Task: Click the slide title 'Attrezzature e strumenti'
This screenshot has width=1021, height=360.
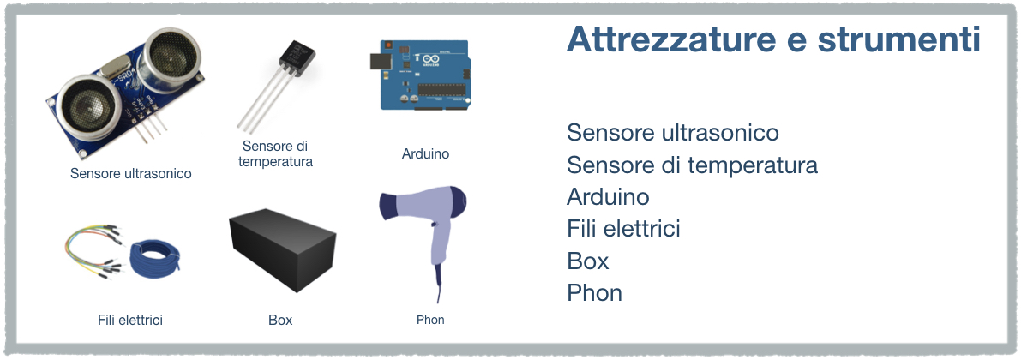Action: (773, 39)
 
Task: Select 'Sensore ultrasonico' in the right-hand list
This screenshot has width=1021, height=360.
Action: (673, 132)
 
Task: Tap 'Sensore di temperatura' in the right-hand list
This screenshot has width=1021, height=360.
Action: (692, 165)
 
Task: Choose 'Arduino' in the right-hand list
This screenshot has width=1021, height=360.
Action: (608, 196)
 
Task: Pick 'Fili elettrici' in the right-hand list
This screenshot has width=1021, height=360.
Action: (623, 229)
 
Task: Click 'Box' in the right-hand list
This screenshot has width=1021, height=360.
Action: (588, 261)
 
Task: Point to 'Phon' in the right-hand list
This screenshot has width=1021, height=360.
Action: (594, 293)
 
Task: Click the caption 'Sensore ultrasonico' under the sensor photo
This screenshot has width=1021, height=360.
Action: (131, 174)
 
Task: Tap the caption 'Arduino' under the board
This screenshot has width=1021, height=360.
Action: (425, 154)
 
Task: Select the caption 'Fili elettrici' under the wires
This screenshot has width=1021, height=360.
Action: (130, 320)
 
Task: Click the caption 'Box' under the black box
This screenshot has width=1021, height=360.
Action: (280, 320)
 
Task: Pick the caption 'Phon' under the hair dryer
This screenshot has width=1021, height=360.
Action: (430, 320)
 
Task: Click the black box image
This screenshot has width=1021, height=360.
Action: (283, 249)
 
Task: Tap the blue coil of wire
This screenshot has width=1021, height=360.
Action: (154, 258)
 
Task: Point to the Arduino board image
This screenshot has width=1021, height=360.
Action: (424, 75)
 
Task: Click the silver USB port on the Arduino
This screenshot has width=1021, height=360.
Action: (379, 61)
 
